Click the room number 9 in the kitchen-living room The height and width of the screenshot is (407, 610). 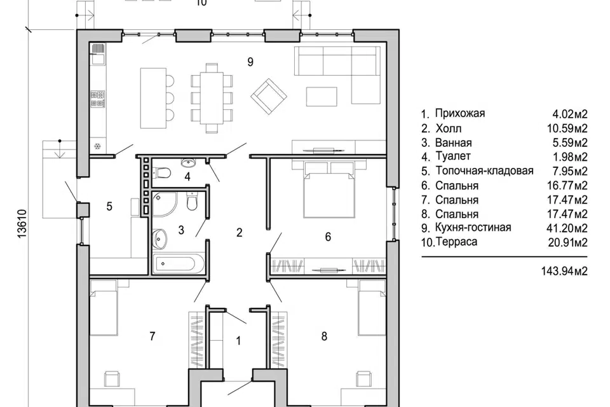250,62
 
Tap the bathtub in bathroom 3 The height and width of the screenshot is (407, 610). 179,263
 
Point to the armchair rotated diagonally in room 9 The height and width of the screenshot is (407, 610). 269,96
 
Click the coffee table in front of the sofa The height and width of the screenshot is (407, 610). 322,96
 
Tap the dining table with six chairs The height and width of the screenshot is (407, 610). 212,98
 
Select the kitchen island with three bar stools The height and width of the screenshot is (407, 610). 156,98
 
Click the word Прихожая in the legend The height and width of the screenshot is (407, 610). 460,113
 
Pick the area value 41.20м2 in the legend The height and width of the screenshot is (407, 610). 567,228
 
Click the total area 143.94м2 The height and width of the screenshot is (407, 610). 564,271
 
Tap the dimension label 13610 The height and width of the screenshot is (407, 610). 22,223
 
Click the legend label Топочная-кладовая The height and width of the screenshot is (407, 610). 484,170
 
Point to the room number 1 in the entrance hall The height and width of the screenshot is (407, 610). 238,341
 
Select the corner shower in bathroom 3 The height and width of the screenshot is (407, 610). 165,204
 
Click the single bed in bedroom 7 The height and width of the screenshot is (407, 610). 104,307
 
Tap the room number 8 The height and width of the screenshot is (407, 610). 324,336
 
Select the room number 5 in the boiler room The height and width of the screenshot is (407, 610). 109,206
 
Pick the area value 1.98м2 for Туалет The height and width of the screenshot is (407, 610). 571,157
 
